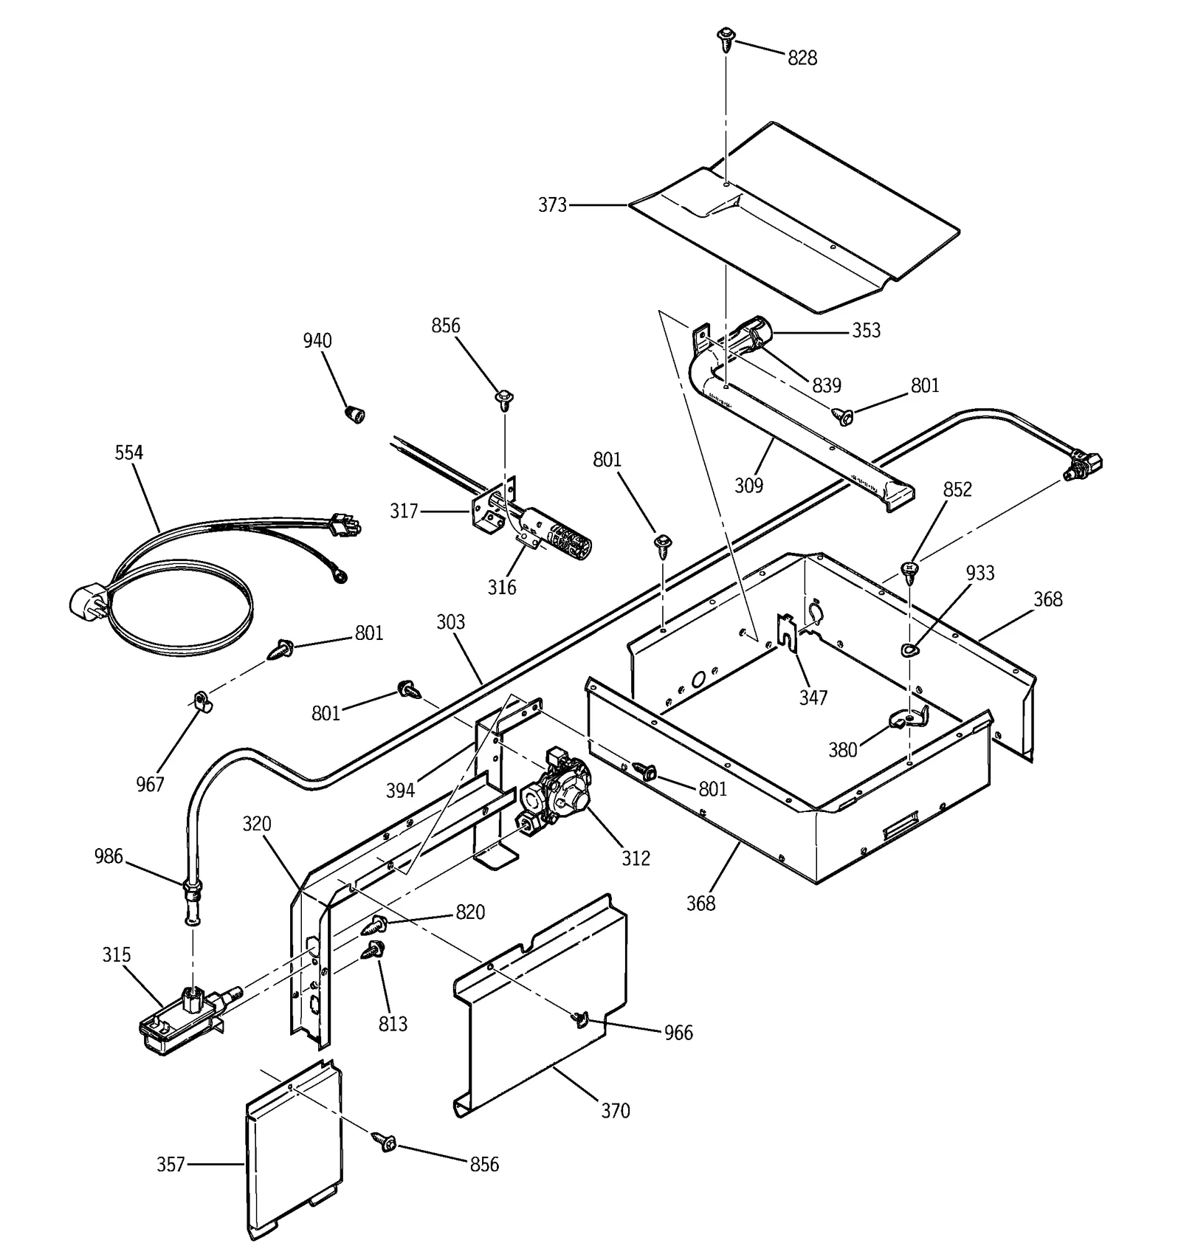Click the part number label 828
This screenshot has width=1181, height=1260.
click(802, 58)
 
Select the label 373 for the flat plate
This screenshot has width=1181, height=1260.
click(552, 204)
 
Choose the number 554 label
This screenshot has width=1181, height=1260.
click(129, 452)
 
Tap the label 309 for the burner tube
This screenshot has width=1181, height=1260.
click(748, 485)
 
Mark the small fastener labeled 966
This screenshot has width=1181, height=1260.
click(579, 1019)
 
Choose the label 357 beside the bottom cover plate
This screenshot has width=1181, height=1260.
click(171, 1164)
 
